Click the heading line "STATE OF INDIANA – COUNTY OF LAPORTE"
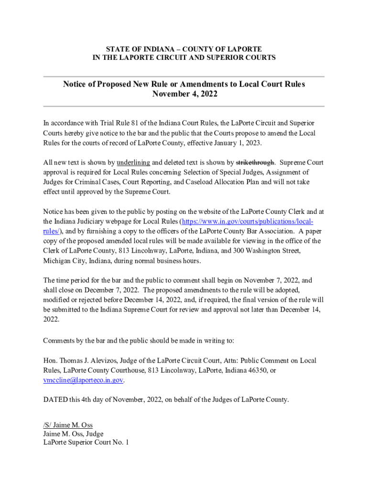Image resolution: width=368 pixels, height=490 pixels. tap(184, 49)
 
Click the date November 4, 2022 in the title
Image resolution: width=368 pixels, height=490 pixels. tap(184, 94)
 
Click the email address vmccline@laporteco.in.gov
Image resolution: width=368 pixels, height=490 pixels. tap(83, 380)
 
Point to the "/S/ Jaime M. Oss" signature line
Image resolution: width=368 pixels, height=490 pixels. tap(67, 425)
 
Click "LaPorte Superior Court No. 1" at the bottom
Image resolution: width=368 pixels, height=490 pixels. tap(86, 443)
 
